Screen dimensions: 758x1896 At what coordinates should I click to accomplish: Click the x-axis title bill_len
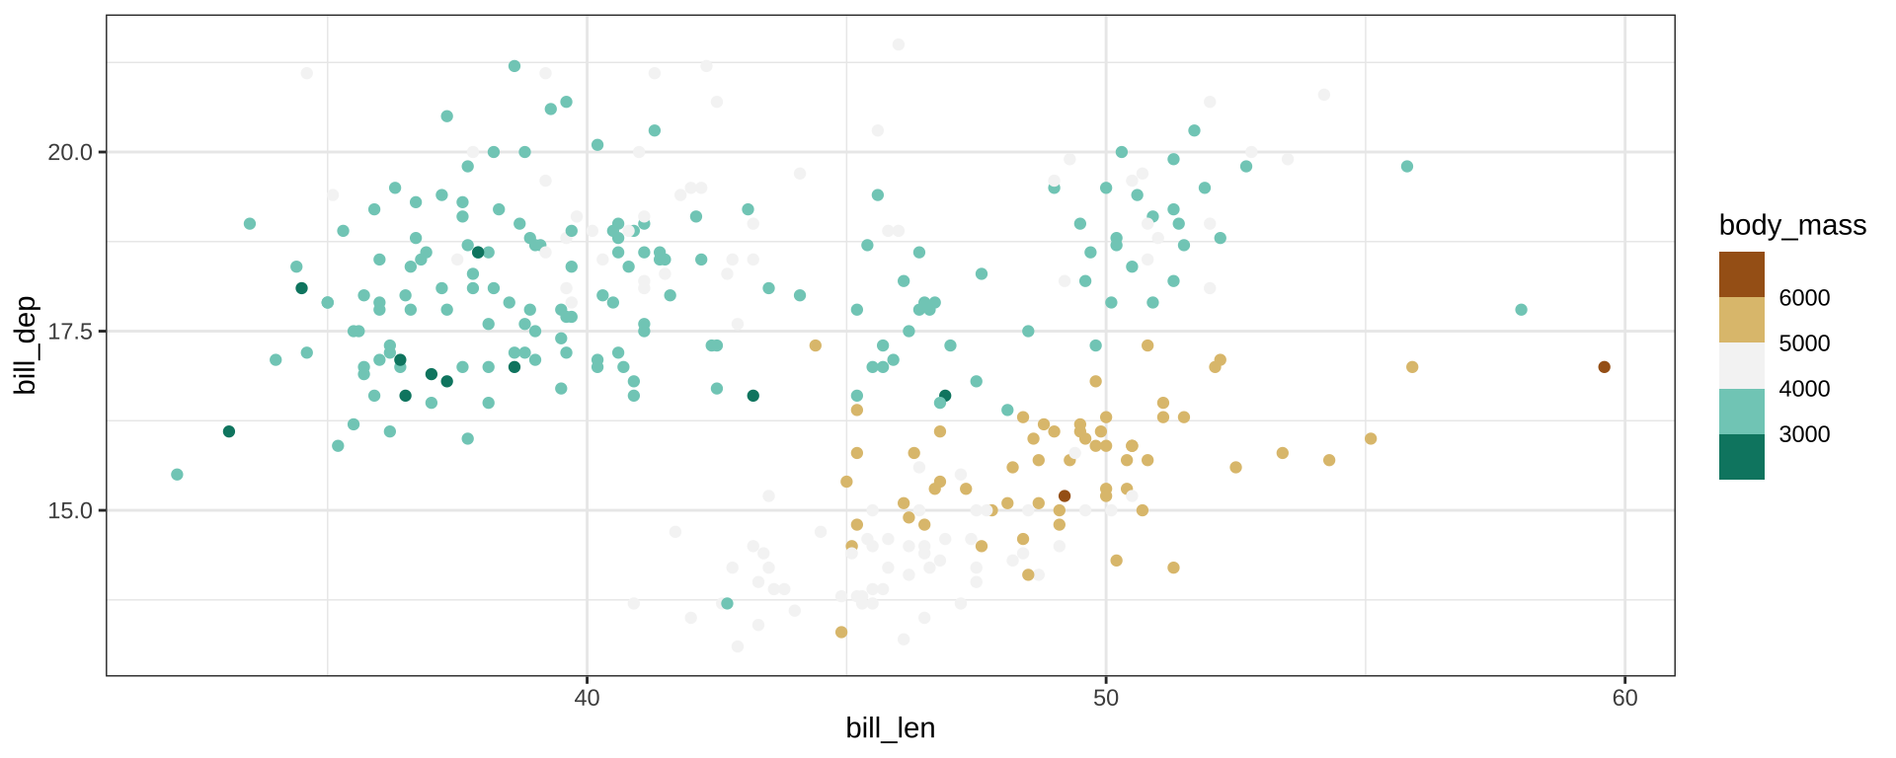coord(890,728)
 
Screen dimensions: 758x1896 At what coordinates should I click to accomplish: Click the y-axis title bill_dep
coord(26,344)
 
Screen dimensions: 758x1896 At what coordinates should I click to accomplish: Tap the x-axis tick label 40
coord(587,699)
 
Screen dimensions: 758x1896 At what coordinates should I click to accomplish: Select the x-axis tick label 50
coord(1106,699)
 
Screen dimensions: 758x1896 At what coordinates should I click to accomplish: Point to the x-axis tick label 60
coord(1624,699)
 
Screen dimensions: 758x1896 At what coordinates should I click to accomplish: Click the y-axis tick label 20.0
coord(69,152)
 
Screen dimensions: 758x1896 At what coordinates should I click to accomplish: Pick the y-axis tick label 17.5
coord(69,332)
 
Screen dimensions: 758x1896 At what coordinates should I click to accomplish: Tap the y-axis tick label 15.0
coord(69,510)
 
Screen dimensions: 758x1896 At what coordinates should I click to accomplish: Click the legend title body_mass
coord(1792,226)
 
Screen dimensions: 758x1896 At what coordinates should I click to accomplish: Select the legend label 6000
coord(1804,298)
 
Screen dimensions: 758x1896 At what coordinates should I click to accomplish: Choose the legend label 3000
coord(1804,434)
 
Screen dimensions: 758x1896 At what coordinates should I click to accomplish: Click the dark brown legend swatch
coord(1741,274)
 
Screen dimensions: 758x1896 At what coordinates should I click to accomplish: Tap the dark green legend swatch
coord(1741,457)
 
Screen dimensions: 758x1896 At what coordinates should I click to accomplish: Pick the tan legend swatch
coord(1741,320)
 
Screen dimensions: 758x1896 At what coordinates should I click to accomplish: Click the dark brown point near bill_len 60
coord(1604,367)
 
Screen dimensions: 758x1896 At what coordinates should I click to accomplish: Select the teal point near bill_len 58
coord(1521,310)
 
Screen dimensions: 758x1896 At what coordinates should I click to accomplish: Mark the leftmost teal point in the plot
coord(177,475)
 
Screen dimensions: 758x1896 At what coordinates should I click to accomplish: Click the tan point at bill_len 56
coord(1412,367)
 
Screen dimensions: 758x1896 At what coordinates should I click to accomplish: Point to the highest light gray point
coord(899,44)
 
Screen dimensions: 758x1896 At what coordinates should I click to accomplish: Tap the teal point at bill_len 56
coord(1407,167)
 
